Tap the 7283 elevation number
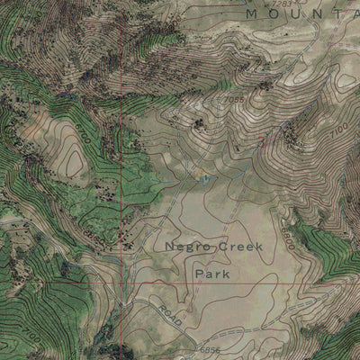click(x=256, y=4)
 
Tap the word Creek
click(x=237, y=245)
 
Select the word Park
click(x=211, y=273)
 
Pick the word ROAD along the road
click(x=167, y=315)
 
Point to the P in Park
click(x=197, y=273)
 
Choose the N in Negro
click(x=171, y=245)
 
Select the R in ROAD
click(x=157, y=307)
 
